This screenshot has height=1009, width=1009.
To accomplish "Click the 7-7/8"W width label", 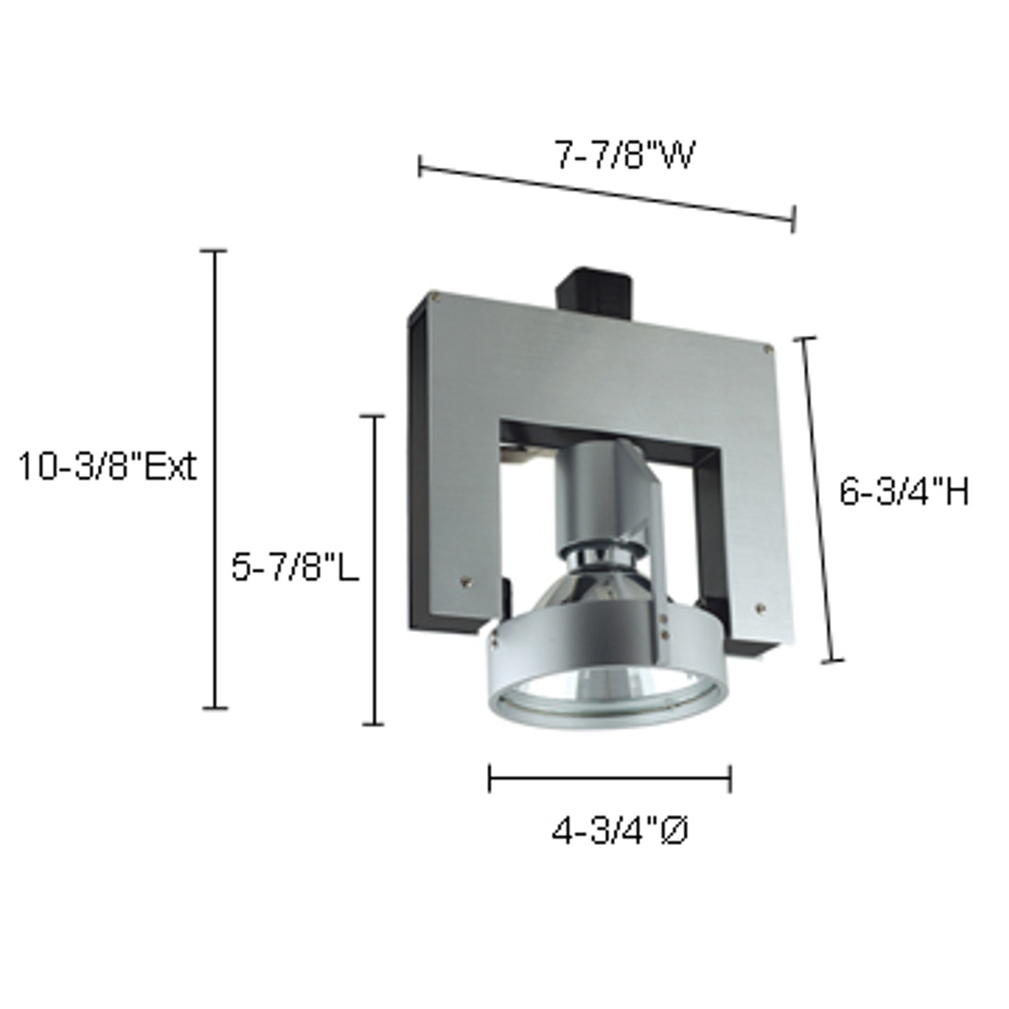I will click(624, 156).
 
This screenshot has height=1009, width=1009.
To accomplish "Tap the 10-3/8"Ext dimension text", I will click(106, 467).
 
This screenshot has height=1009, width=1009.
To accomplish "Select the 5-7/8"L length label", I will click(295, 567).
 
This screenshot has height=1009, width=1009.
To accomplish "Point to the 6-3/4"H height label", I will click(903, 493).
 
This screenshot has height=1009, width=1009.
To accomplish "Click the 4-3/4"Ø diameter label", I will click(620, 832).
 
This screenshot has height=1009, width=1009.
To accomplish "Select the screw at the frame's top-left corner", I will click(435, 296).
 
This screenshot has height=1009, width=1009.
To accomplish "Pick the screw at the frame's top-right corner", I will click(765, 344).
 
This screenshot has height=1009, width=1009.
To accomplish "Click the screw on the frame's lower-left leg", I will click(467, 581).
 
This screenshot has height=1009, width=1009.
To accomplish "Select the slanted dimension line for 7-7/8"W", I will click(607, 193).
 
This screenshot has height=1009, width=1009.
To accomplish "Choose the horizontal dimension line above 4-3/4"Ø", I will click(609, 780).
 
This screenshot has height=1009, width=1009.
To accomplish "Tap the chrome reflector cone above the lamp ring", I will click(599, 587).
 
